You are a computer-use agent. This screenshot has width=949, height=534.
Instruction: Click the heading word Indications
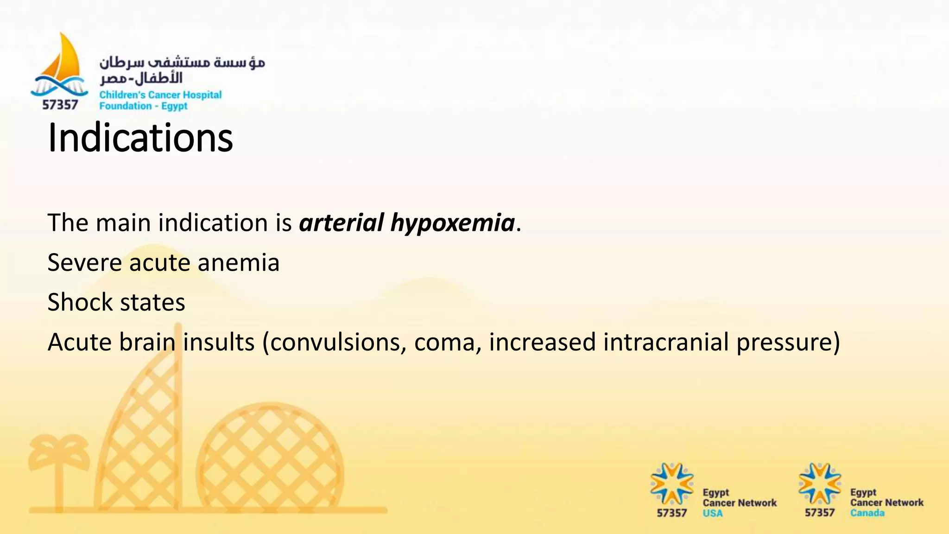(x=140, y=138)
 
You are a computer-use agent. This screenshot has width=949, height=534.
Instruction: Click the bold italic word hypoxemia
(x=452, y=223)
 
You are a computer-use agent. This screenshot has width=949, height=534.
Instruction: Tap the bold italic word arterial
(x=342, y=223)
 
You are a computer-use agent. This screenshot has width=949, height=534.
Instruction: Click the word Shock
(x=80, y=302)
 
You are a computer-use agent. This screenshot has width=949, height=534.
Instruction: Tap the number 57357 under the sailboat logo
(x=60, y=105)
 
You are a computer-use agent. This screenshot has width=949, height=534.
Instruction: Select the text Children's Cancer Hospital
(x=160, y=95)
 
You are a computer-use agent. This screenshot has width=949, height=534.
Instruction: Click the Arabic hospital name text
(x=182, y=70)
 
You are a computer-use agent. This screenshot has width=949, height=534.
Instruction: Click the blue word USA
(x=712, y=513)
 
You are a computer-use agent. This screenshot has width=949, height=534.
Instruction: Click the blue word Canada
(x=867, y=513)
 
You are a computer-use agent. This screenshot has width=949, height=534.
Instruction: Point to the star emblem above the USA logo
(x=671, y=483)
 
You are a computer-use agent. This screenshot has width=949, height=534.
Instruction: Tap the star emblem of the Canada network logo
(x=819, y=483)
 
